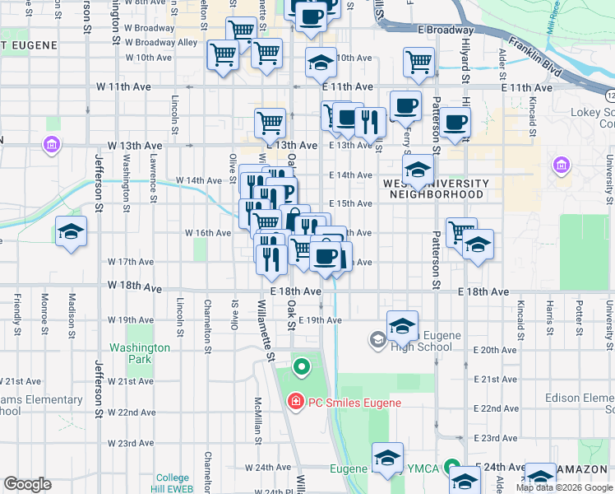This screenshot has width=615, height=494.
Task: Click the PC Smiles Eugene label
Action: click(354, 403)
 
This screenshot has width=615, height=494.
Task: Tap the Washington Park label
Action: click(140, 353)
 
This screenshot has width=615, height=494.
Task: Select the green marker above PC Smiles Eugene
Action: click(301, 366)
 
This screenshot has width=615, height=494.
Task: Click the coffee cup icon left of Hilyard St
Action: click(455, 123)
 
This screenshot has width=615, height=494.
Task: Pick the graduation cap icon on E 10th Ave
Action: click(321, 62)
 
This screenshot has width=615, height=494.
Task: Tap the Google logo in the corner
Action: click(27, 484)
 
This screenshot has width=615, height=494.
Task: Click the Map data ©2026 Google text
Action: click(565, 487)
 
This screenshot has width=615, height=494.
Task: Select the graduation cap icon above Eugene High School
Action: click(403, 325)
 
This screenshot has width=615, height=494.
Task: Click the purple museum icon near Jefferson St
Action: click(51, 146)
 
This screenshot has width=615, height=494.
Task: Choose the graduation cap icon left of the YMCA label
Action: click(387, 458)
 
